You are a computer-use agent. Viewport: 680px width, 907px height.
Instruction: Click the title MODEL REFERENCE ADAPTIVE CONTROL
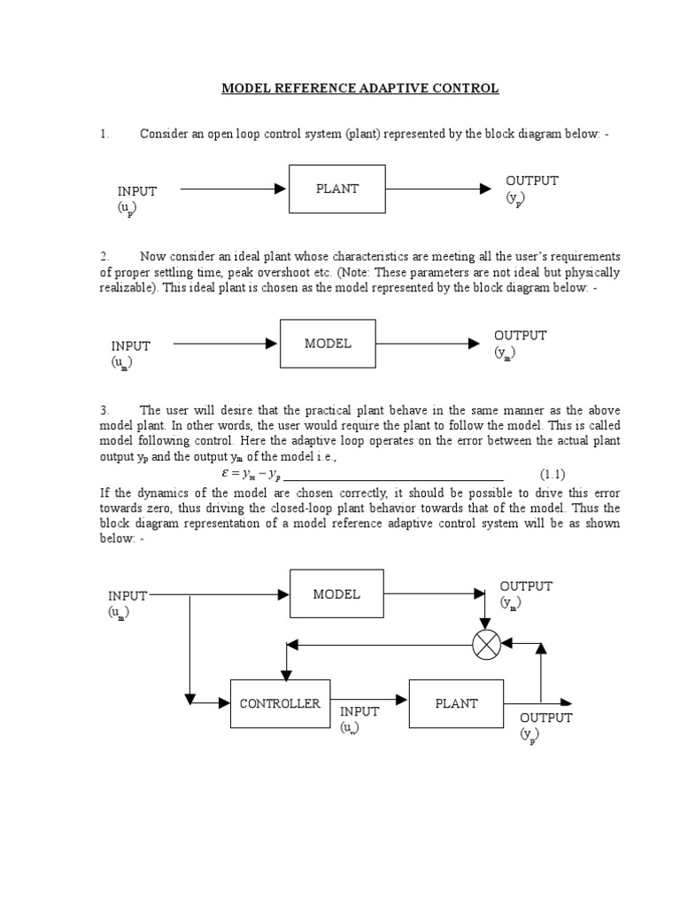pyautogui.click(x=359, y=89)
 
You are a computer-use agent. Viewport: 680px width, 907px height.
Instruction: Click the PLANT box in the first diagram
pyautogui.click(x=337, y=189)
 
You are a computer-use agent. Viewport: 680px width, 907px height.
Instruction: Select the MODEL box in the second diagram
pyautogui.click(x=328, y=344)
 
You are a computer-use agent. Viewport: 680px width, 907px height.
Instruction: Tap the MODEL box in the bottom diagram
pyautogui.click(x=336, y=594)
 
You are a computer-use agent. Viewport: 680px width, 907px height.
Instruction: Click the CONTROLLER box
pyautogui.click(x=280, y=704)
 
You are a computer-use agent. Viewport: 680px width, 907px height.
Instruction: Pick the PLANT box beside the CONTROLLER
pyautogui.click(x=456, y=704)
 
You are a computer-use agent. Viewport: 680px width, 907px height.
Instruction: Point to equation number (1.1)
pyautogui.click(x=558, y=475)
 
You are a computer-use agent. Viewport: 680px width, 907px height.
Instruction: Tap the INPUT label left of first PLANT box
pyautogui.click(x=137, y=191)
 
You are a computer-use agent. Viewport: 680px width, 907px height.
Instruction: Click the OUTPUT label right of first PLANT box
pyautogui.click(x=532, y=181)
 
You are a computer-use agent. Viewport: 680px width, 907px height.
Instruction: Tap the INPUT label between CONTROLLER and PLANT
pyautogui.click(x=359, y=711)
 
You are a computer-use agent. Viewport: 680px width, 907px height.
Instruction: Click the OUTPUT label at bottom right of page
pyautogui.click(x=545, y=717)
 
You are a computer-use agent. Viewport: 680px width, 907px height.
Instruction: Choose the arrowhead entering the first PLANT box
pyautogui.click(x=281, y=189)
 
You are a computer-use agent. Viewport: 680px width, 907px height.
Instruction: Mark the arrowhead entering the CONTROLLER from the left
pyautogui.click(x=223, y=704)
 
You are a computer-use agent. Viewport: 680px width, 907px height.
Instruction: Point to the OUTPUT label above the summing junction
pyautogui.click(x=526, y=586)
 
